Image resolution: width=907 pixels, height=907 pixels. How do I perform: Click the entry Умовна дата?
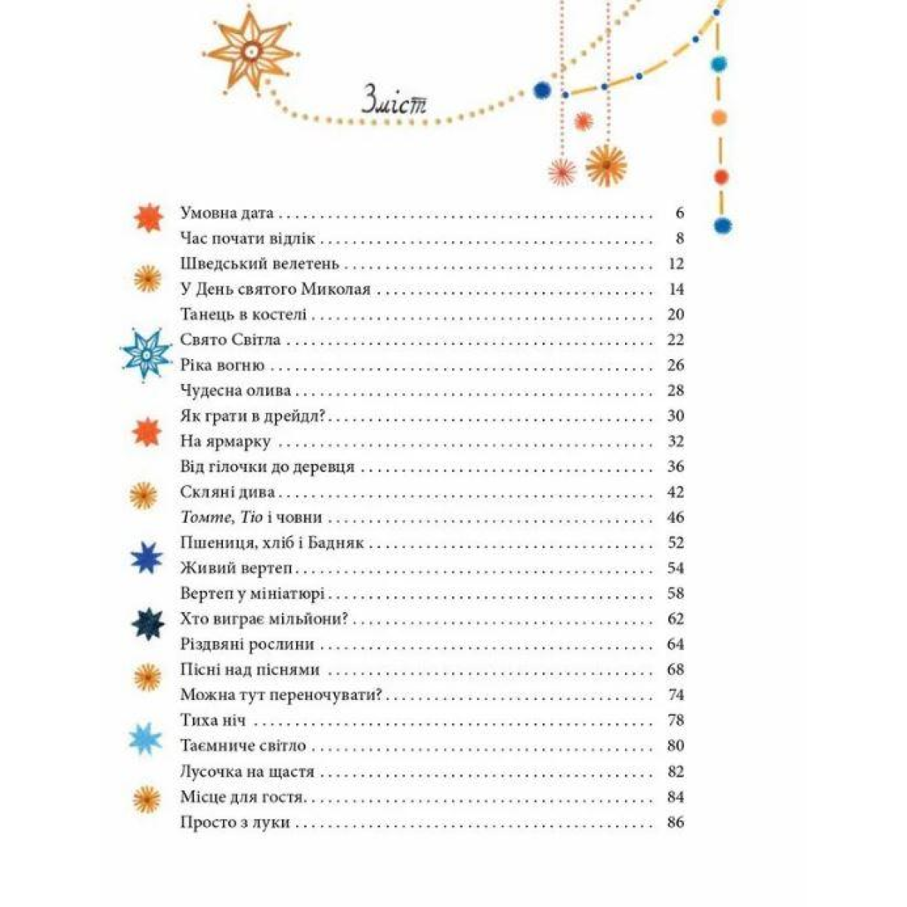(227, 213)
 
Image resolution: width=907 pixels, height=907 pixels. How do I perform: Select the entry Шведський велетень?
(261, 264)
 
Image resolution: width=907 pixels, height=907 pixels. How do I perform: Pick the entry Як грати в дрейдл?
(258, 416)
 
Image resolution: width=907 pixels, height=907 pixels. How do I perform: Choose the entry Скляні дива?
(228, 492)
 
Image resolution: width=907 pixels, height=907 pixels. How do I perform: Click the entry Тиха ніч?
(213, 720)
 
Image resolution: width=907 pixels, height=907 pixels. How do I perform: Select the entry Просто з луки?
(235, 822)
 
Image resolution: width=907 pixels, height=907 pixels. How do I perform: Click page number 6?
(679, 213)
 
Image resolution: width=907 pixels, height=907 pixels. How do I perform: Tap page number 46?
(676, 517)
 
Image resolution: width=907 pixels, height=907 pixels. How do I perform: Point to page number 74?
(676, 695)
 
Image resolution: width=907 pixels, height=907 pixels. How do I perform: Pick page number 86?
(676, 822)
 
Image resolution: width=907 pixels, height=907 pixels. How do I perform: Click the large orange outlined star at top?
(249, 50)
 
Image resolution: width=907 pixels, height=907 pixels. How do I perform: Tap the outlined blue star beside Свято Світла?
(147, 351)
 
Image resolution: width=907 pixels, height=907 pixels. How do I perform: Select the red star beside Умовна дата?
(147, 217)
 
